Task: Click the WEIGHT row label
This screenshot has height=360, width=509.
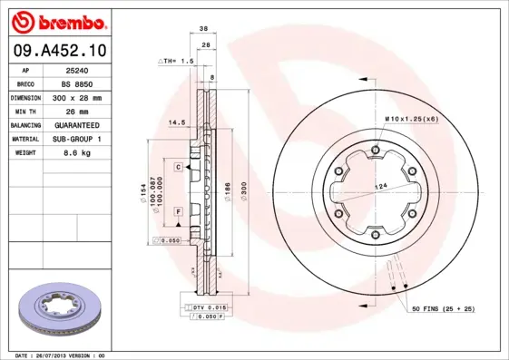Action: [x=24, y=153]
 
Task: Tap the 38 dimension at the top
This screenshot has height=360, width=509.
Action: [x=205, y=29]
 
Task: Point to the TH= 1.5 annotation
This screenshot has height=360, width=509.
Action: [x=177, y=61]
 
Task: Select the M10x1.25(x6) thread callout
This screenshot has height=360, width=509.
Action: [x=411, y=119]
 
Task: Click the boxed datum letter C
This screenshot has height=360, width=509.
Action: [x=179, y=167]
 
